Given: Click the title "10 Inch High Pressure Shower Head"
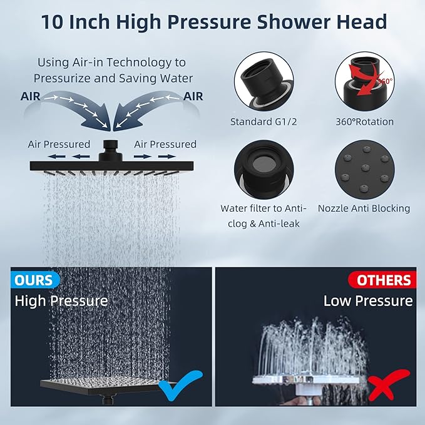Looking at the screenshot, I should [213, 23].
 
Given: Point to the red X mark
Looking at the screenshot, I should [389, 386].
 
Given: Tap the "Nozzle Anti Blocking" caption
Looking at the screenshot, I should [364, 208].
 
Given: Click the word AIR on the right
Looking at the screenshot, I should [193, 96].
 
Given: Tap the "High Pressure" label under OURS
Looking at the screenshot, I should [61, 300].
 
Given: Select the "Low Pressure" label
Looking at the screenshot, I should [368, 301].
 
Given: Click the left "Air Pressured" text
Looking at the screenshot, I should [59, 144].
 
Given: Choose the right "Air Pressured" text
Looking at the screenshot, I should [165, 144].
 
